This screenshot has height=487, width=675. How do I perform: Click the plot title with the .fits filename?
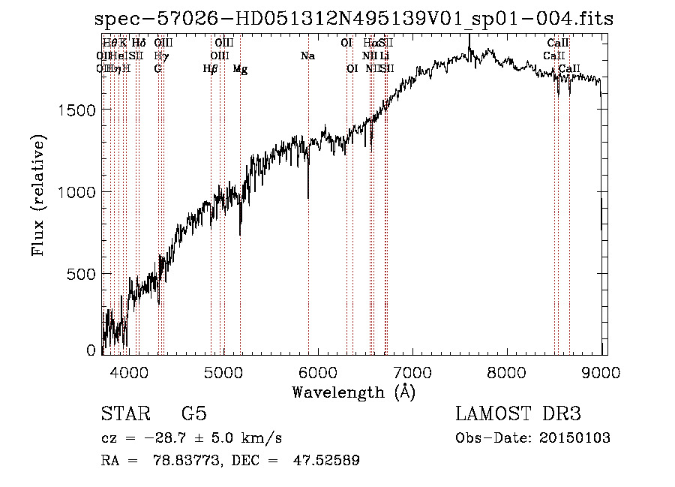[x=354, y=20]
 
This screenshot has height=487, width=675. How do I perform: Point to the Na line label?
[x=307, y=56]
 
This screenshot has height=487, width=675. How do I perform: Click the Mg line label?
[x=240, y=69]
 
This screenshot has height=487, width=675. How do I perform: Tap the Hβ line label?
[x=211, y=69]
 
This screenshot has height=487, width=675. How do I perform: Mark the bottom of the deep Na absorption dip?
[x=308, y=198]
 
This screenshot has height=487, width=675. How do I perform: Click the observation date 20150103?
[x=574, y=438]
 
